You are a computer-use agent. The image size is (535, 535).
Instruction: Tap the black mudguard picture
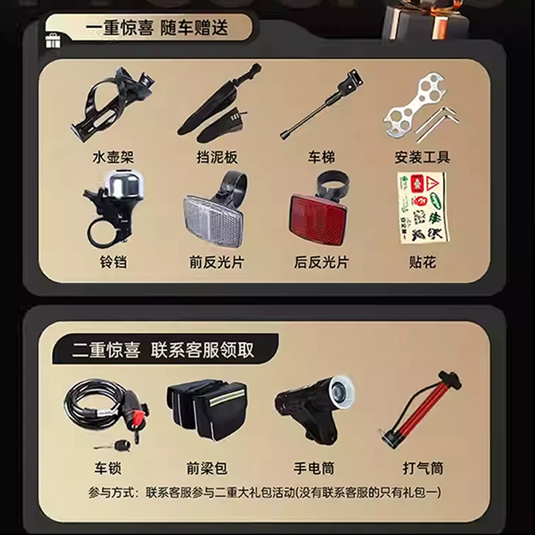tap(219, 102)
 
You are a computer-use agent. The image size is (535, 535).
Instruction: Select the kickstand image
tap(321, 104)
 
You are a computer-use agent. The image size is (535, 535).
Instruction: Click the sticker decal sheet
tap(423, 207)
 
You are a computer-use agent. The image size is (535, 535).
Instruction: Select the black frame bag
tap(207, 411)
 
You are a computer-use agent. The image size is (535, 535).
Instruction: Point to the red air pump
tap(422, 409)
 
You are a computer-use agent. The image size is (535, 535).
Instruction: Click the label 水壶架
tap(113, 157)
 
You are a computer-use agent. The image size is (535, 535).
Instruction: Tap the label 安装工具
tap(423, 157)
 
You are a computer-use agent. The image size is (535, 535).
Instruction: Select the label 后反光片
tap(322, 262)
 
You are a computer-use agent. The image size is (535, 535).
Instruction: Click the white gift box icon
tap(53, 41)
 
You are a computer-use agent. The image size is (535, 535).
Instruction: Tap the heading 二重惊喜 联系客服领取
tap(163, 350)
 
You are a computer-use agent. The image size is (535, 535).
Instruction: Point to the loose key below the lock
tap(112, 445)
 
